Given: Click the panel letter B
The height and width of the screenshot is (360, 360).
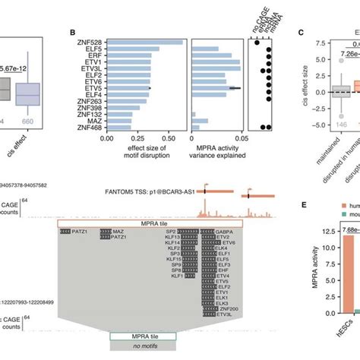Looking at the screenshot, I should [72, 33].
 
